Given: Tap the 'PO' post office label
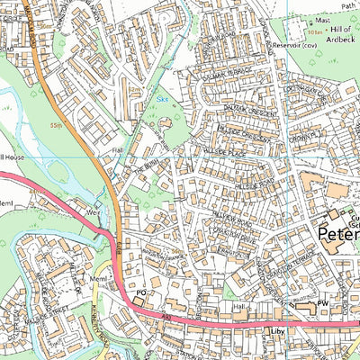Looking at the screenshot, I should [139, 293].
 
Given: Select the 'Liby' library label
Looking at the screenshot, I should [277, 332].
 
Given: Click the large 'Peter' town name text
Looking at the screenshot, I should [339, 236].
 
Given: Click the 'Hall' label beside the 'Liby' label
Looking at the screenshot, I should [238, 307].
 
